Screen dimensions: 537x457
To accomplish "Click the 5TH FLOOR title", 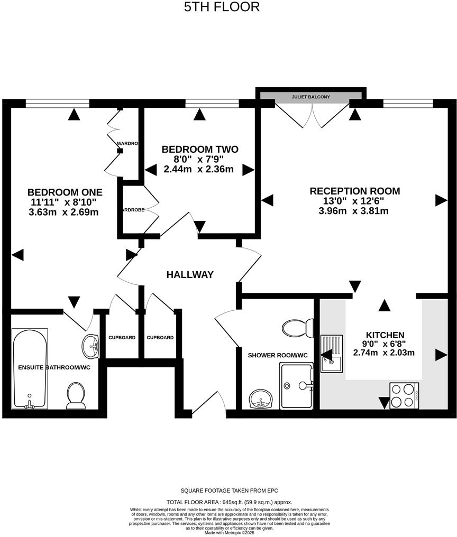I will [222, 7].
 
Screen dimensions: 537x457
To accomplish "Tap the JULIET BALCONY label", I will [311, 97].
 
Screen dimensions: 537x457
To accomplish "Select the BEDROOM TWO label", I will [200, 150].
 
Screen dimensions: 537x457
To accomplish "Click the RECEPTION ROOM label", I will [354, 191].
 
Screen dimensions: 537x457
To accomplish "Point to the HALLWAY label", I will [190, 274].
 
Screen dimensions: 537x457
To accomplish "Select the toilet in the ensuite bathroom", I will [76, 395].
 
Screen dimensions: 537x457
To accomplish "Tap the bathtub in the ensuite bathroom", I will [30, 370].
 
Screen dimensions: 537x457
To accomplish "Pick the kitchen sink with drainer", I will [332, 353].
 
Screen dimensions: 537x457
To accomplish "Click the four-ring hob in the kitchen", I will [405, 395].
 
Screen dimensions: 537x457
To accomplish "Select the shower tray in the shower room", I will [297, 386].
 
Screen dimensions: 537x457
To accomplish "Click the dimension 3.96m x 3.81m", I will [354, 211].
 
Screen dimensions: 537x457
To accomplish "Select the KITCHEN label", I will [385, 335].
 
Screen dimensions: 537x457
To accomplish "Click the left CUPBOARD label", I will [122, 337].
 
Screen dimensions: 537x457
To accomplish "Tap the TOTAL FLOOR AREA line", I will [229, 502].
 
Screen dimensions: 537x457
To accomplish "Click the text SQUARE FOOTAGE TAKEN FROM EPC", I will [229, 491].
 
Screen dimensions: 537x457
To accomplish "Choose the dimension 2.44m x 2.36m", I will [198, 170].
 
